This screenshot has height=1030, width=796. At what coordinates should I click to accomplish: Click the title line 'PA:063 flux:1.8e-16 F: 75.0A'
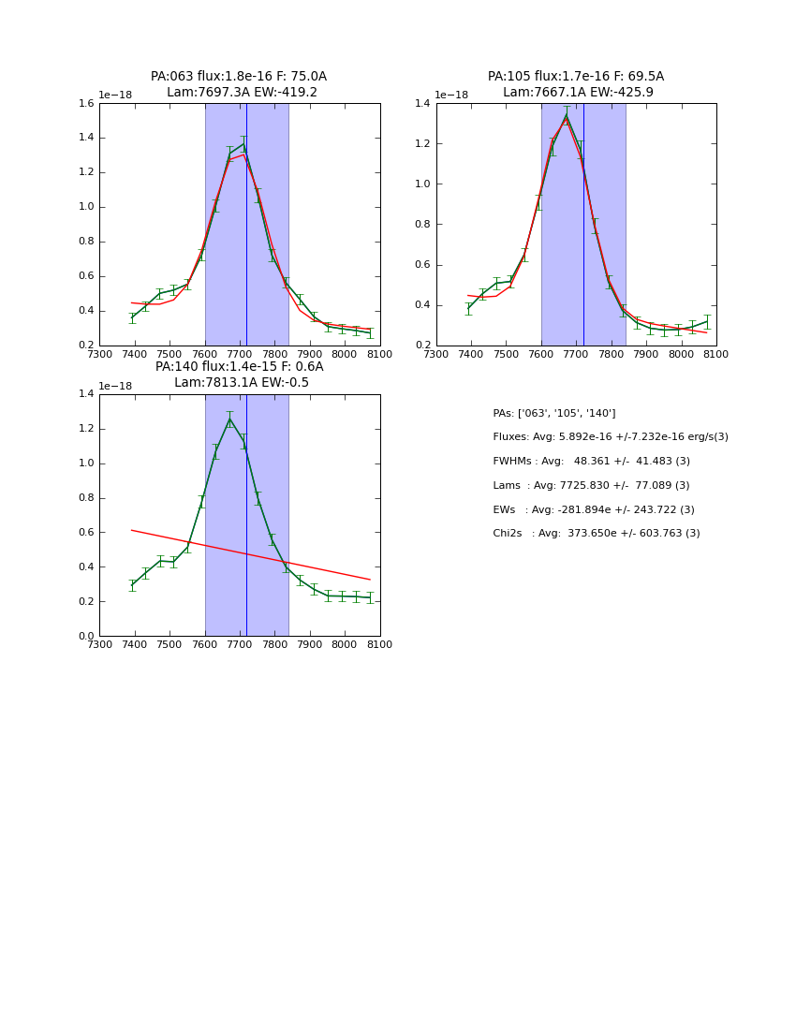(239, 77)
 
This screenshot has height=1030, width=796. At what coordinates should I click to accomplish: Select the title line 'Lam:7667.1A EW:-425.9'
(577, 93)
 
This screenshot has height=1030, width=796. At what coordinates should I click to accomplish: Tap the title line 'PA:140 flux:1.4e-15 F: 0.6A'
(239, 367)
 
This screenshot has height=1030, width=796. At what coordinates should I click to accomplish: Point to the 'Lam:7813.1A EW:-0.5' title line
(241, 383)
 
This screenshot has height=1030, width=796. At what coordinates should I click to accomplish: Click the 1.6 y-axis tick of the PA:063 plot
(84, 104)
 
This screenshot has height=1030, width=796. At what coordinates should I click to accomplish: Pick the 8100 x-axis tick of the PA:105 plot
(715, 354)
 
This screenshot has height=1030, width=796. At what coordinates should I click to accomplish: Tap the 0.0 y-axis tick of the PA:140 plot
(84, 637)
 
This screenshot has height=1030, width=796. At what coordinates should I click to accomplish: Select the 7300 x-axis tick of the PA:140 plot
(99, 644)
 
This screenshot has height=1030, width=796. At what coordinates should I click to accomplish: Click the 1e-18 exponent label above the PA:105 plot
(451, 96)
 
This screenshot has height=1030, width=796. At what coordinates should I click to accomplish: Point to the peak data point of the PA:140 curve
(229, 419)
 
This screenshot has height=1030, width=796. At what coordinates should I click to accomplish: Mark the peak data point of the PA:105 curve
(566, 116)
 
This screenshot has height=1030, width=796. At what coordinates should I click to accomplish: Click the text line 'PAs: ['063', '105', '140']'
(553, 414)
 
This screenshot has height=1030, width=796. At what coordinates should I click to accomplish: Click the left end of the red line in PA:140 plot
(132, 530)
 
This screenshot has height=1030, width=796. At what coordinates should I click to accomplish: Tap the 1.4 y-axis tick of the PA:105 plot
(421, 104)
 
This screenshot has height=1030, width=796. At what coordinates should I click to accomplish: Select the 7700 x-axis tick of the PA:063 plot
(240, 354)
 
